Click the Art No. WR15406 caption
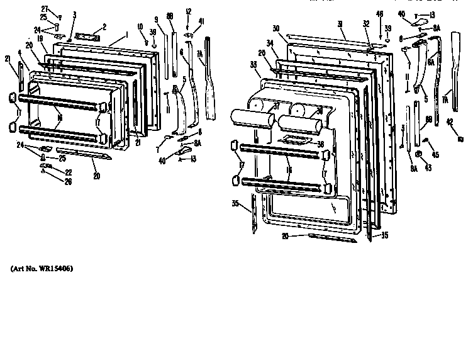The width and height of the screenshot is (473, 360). click(x=42, y=269)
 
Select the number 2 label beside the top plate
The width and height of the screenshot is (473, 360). click(x=104, y=27)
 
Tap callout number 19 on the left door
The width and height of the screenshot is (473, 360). click(x=40, y=38)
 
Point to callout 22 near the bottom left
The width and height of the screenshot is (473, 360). click(x=69, y=172)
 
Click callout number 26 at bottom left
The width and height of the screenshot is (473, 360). click(x=69, y=182)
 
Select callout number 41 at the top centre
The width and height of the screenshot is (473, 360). click(x=201, y=21)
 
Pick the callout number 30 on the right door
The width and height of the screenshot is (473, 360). click(x=276, y=28)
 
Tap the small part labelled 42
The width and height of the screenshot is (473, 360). click(x=460, y=138)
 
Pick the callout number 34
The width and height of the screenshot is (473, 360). click(x=270, y=43)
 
